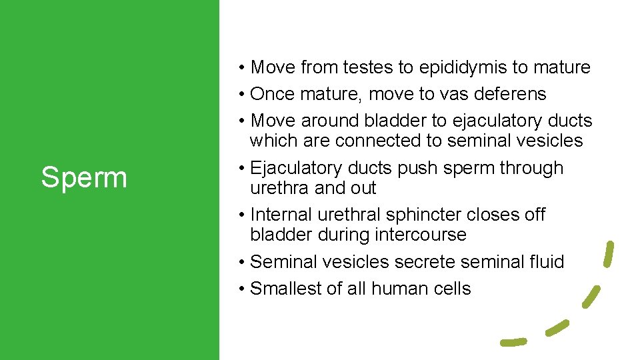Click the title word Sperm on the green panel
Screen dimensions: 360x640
[x=83, y=178]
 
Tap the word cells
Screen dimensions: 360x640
[x=453, y=289]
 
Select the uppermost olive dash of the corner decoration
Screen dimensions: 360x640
[x=608, y=253]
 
